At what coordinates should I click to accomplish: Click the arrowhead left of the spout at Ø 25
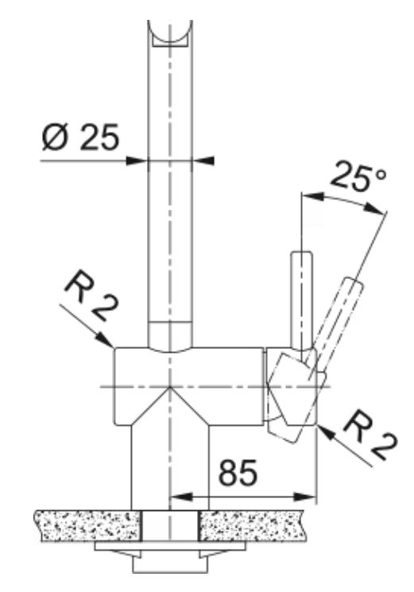[x=141, y=161]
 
